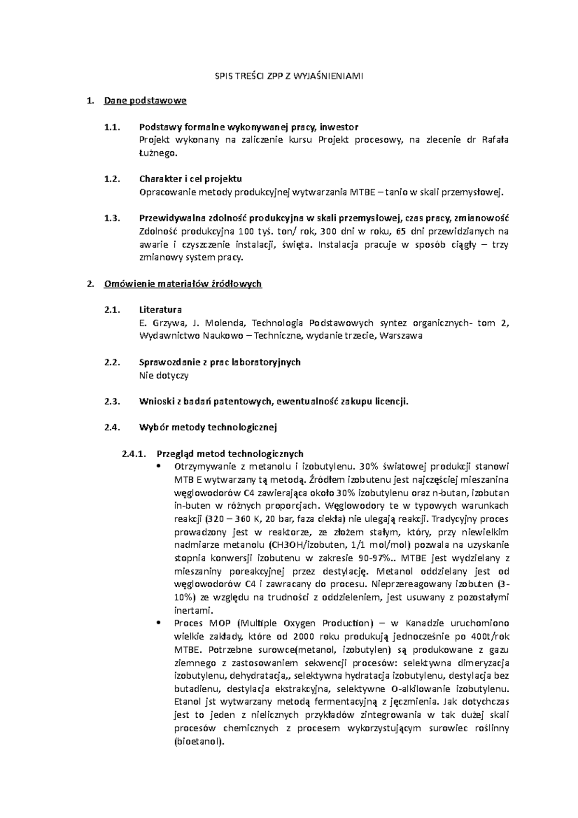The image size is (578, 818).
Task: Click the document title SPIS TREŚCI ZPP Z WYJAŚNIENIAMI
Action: click(x=289, y=76)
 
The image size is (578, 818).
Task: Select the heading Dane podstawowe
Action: click(x=145, y=101)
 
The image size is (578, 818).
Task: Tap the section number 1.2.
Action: click(x=111, y=179)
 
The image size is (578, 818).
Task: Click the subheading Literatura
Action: click(x=160, y=310)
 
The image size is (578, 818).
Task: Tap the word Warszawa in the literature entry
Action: click(x=401, y=336)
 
